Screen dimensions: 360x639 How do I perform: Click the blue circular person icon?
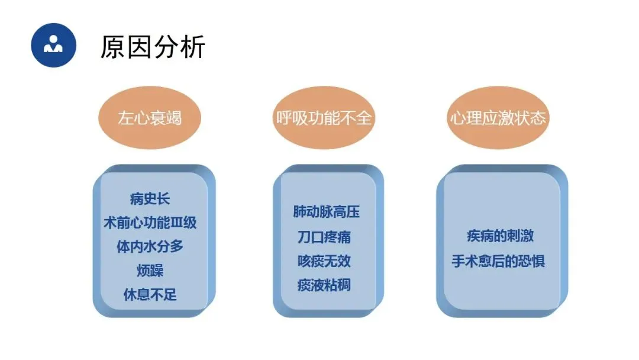point(54,45)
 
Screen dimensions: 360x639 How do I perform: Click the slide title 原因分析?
point(153,47)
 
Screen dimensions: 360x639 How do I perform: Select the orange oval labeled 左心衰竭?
point(150,118)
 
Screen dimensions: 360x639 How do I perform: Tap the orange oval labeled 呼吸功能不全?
point(324,118)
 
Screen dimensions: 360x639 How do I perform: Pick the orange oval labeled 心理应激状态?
point(498,118)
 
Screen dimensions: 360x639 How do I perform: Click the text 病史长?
point(150,198)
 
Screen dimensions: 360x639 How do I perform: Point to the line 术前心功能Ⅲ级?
point(150,223)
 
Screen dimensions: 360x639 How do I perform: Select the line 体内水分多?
point(150,246)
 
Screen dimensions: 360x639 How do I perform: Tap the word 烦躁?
point(150,271)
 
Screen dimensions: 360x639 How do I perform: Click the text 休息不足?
point(150,294)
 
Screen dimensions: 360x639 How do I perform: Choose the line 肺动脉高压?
point(326,212)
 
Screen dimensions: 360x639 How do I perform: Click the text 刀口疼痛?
point(324,237)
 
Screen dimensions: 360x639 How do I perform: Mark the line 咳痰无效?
point(324,261)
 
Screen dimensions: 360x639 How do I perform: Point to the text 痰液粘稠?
point(324,285)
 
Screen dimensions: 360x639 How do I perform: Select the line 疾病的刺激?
point(500,236)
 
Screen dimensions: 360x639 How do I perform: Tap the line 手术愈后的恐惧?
point(498,261)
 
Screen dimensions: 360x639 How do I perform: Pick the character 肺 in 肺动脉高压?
point(300,212)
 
